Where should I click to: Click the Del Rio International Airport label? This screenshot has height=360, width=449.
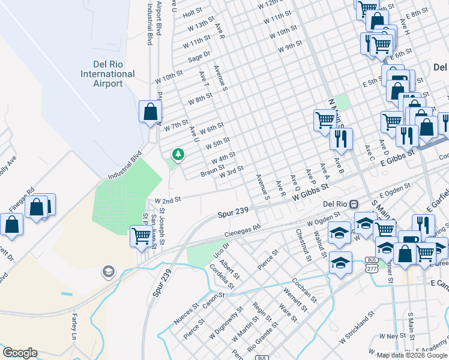(x=108, y=74)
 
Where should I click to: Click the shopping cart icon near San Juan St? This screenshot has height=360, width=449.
(x=140, y=236)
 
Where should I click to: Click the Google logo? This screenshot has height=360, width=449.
(x=20, y=353)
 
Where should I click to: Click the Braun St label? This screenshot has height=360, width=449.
(x=212, y=171)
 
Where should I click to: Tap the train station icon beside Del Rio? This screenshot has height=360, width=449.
(x=354, y=204)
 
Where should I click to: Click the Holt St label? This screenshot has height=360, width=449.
(x=193, y=12)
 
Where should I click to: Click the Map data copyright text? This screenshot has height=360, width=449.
(x=411, y=355)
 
